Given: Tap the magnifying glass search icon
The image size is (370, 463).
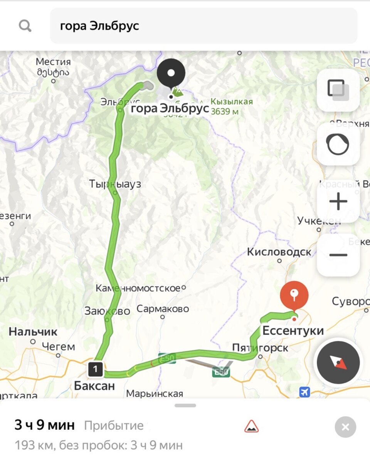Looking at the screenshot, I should [25, 26].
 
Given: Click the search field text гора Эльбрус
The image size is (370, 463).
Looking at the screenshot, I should [99, 26].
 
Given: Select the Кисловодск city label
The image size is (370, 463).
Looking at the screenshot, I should [279, 252].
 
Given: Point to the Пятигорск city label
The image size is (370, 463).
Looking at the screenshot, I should [260, 348].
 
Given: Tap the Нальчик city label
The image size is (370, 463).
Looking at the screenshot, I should [33, 331].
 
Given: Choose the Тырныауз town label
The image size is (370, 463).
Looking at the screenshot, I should [115, 184].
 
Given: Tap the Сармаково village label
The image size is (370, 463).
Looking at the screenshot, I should [163, 309].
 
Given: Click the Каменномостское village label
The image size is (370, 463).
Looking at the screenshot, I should [138, 288].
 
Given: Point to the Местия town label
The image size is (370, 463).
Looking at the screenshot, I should [53, 62].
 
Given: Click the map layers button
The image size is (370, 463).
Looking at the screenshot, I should [338, 90].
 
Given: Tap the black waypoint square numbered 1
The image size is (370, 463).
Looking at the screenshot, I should [95, 369].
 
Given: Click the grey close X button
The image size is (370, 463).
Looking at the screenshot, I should [345, 427].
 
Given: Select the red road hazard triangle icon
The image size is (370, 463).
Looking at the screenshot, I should [251, 426].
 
